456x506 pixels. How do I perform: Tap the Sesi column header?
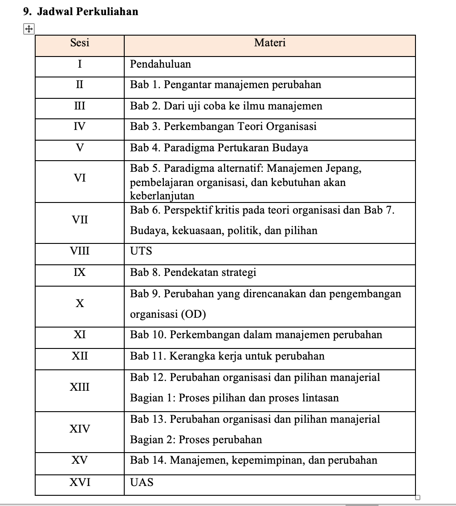pyautogui.click(x=80, y=43)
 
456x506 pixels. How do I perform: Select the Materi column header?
pyautogui.click(x=270, y=43)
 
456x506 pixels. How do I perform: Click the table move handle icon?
pyautogui.click(x=28, y=29)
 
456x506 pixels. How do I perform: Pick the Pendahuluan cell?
pyautogui.click(x=160, y=64)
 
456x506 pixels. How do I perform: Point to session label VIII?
pyautogui.click(x=80, y=251)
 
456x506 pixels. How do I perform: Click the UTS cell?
pyautogui.click(x=141, y=251)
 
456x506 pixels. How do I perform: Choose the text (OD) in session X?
pyautogui.click(x=193, y=315)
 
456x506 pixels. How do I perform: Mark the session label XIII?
pyautogui.click(x=80, y=387)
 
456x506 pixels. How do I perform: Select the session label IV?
pyautogui.click(x=80, y=126)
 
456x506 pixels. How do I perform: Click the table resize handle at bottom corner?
pyautogui.click(x=418, y=497)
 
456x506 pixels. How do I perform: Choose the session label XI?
pyautogui.click(x=80, y=335)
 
